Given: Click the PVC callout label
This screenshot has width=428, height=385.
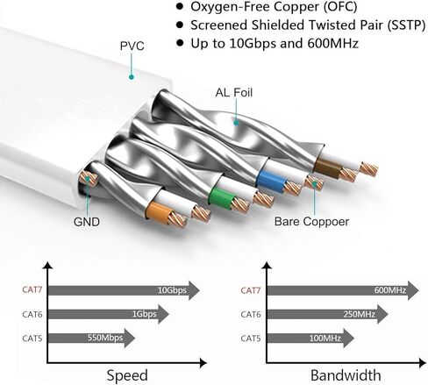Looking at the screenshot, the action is (x=132, y=46).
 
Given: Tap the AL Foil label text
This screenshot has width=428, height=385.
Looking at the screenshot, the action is (x=234, y=93).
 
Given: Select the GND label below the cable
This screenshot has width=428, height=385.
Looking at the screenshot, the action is (x=87, y=222).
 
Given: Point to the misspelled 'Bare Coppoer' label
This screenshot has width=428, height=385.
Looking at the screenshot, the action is (x=311, y=222).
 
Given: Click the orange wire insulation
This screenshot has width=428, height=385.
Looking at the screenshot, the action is (x=158, y=212).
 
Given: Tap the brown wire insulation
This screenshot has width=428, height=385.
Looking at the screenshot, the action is (x=328, y=167).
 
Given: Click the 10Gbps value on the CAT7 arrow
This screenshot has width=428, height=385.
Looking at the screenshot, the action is (x=172, y=290).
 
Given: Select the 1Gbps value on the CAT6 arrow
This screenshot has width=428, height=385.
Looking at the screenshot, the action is (x=144, y=314).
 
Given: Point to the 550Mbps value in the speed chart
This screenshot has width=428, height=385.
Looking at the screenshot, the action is (x=105, y=338).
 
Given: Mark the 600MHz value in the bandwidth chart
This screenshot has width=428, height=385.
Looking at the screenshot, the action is (x=390, y=290).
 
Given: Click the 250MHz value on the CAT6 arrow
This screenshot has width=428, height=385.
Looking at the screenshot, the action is (x=359, y=314).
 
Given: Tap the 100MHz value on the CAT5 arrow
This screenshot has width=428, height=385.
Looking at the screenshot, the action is (x=325, y=339).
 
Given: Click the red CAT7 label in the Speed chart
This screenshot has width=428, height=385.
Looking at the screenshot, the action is (x=32, y=289).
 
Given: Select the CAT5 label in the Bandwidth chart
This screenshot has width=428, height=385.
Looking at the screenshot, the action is (x=251, y=339).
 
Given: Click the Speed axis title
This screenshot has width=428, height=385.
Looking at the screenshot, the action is (x=127, y=375).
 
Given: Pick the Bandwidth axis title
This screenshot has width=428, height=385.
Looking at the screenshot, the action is (x=346, y=375).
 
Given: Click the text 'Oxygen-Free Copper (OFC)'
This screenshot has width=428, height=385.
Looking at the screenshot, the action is (x=274, y=7).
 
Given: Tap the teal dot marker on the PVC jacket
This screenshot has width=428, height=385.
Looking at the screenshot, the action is (x=132, y=77).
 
